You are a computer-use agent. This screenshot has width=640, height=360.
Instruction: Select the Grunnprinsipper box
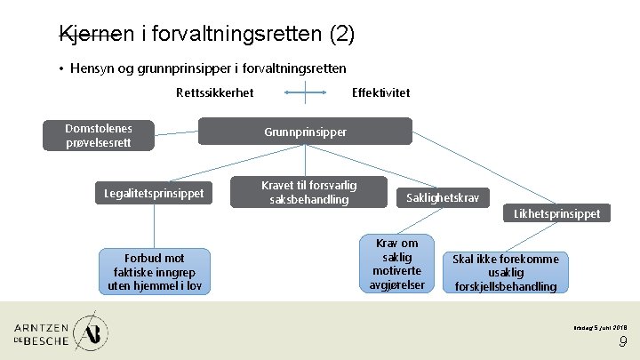pos(305,132)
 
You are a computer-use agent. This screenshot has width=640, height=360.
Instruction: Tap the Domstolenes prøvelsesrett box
pos(99,135)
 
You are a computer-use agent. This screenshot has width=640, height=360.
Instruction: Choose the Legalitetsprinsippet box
pos(154,193)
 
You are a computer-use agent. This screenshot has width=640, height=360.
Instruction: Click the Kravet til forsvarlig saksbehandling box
pos(308,192)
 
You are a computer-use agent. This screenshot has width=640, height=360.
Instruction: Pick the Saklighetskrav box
pos(442,197)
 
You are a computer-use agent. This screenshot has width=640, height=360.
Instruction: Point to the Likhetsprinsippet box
pos(556,213)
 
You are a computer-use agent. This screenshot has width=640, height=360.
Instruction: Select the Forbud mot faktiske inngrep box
pos(153,271)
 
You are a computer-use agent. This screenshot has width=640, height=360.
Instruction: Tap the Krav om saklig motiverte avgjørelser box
pos(397,264)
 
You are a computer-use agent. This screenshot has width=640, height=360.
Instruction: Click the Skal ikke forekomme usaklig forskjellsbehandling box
pos(505,272)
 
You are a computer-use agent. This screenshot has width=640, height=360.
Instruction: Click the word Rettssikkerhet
pos(214,92)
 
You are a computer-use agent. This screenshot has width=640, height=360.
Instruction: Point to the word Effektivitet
pos(381,92)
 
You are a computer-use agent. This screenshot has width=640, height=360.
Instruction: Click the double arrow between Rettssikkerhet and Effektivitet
pos(304,92)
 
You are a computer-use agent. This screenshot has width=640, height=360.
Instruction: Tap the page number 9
pos(623,342)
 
